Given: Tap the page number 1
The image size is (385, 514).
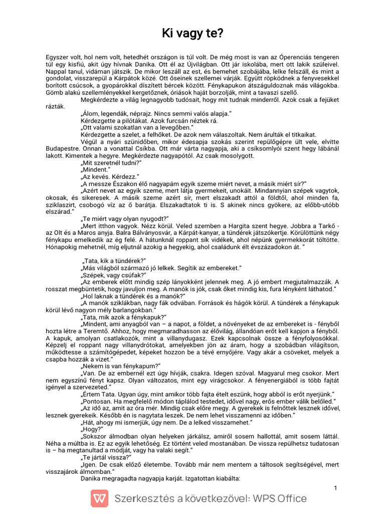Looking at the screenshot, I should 335,488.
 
